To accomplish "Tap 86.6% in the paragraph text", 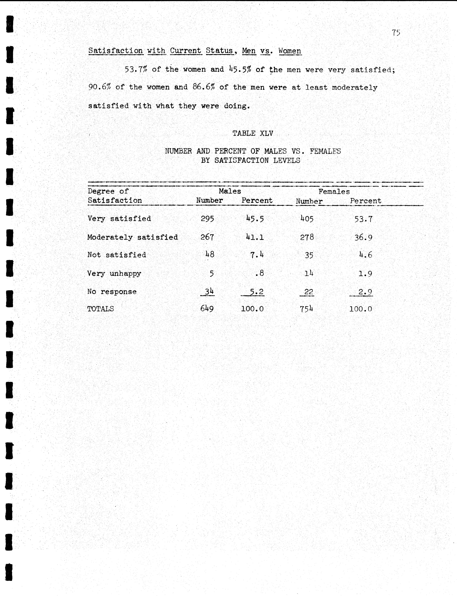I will [203, 87].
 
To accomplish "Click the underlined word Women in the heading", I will [290, 51].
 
